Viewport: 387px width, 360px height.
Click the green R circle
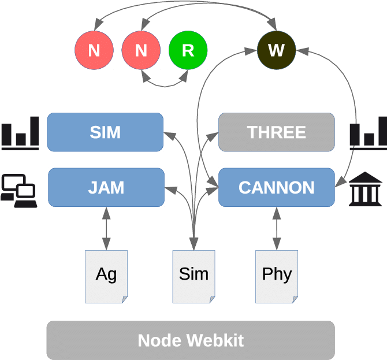[x=188, y=50]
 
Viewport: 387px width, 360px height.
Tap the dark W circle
[x=276, y=50]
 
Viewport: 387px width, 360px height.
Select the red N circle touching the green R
[x=141, y=50]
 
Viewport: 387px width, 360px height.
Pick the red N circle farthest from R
[x=94, y=50]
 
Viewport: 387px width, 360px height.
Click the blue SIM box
[x=105, y=132]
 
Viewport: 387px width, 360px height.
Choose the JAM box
[x=106, y=187]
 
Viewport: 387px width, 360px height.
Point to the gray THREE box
[x=277, y=132]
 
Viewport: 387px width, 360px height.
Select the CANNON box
[x=277, y=187]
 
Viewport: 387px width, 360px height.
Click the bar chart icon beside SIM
[x=20, y=133]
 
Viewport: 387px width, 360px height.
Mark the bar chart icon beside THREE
[x=367, y=133]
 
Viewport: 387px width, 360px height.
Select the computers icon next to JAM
[x=19, y=190]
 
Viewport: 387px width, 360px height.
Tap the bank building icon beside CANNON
[x=365, y=189]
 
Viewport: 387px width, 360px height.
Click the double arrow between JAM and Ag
[x=106, y=228]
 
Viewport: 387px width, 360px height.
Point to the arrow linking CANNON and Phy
[x=277, y=228]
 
